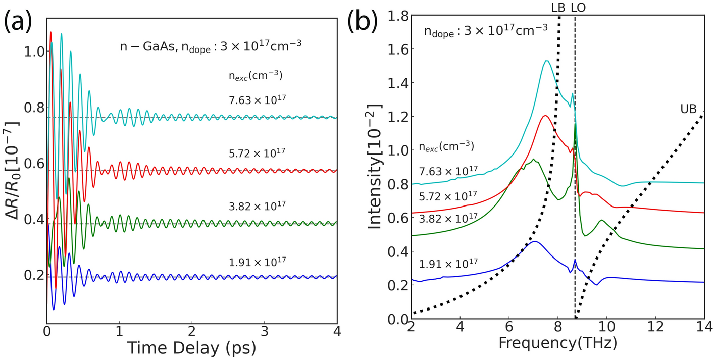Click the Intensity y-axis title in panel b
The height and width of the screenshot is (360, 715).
[375, 168]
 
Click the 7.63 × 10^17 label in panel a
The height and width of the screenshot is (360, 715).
[258, 98]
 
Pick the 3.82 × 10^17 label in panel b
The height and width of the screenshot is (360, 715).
[448, 217]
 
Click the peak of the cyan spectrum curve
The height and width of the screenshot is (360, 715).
[546, 61]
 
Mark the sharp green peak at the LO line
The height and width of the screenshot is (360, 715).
[575, 124]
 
